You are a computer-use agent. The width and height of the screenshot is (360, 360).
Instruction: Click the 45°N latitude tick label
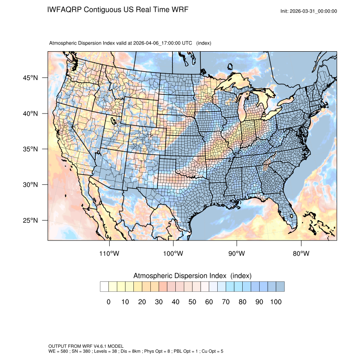[30, 78]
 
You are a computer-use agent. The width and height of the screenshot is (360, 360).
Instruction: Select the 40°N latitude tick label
[30, 114]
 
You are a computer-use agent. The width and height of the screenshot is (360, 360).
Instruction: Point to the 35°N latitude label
[30, 149]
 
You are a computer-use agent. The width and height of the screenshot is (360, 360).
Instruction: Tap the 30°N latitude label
[30, 185]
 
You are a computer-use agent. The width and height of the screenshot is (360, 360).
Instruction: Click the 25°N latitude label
[30, 220]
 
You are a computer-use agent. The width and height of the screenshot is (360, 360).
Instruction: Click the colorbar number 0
[108, 302]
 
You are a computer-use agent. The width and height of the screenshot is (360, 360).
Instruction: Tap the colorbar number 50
[192, 302]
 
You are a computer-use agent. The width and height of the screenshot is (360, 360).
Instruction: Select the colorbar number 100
[276, 302]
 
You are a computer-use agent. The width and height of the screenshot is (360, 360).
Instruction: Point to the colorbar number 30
[159, 302]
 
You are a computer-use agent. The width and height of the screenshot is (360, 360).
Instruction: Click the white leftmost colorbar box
[104, 287]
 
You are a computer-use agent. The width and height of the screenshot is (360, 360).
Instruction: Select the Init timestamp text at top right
[309, 11]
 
